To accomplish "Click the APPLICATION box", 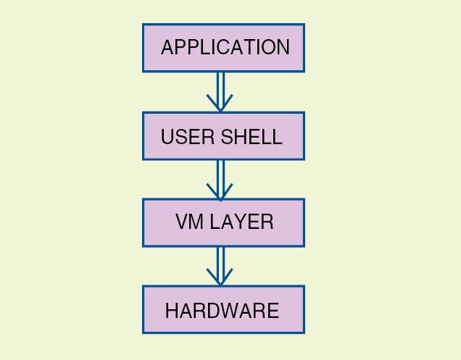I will click(223, 48).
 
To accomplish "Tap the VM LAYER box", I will click(223, 222).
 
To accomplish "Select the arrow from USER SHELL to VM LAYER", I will click(220, 176).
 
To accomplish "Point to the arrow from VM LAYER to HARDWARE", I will click(220, 263).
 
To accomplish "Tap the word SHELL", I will click(249, 137).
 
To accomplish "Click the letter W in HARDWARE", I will click(233, 311).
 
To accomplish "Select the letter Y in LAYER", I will click(238, 222).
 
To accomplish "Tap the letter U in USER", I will click(167, 137).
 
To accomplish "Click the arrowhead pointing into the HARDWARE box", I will click(220, 277).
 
